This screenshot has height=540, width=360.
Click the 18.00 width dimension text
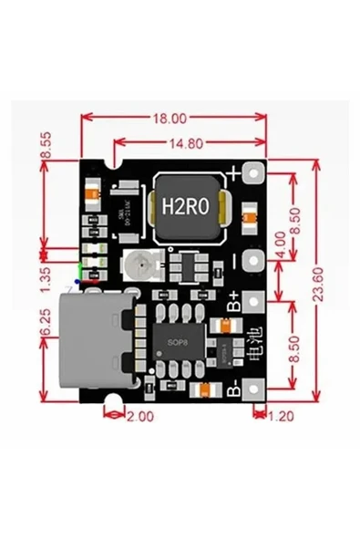tap(170, 119)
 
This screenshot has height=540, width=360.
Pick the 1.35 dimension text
tap(46, 275)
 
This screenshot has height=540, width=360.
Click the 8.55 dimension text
tap(46, 149)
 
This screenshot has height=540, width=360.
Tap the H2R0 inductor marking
tap(186, 207)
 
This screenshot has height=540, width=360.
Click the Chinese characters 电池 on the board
tap(254, 344)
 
